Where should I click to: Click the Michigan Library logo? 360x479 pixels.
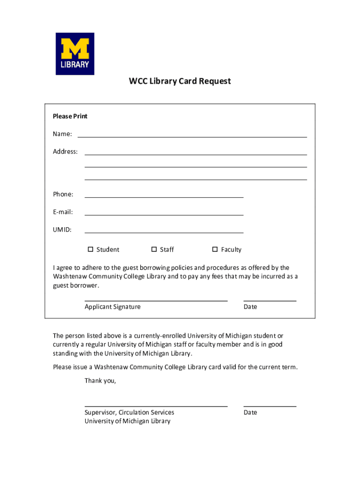[75, 53]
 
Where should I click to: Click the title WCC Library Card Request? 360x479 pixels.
[180, 81]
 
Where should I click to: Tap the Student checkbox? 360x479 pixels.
[91, 249]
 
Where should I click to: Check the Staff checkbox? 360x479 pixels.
[154, 249]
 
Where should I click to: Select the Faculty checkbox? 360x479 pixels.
[215, 249]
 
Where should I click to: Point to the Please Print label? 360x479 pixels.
[70, 116]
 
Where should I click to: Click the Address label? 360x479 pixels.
[65, 152]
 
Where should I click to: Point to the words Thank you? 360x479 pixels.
[100, 380]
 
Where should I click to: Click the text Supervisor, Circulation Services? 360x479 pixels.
[129, 412]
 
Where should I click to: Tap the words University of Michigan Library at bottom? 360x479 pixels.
[127, 421]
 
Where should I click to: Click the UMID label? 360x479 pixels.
[62, 230]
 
